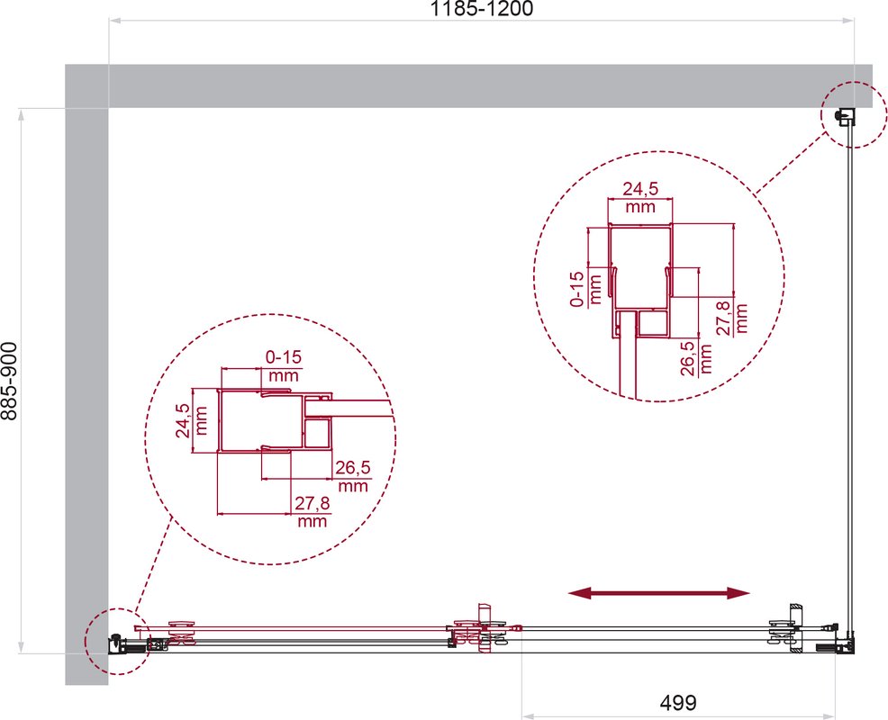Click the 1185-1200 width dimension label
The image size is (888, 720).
[482, 9]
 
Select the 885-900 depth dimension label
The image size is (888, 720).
[10, 381]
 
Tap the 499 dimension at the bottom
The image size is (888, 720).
[678, 703]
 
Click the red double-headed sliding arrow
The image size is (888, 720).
[658, 593]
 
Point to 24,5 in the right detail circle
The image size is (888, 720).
[640, 188]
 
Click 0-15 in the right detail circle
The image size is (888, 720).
[576, 289]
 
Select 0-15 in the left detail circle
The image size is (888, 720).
[284, 357]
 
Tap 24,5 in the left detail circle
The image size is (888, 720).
[183, 420]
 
